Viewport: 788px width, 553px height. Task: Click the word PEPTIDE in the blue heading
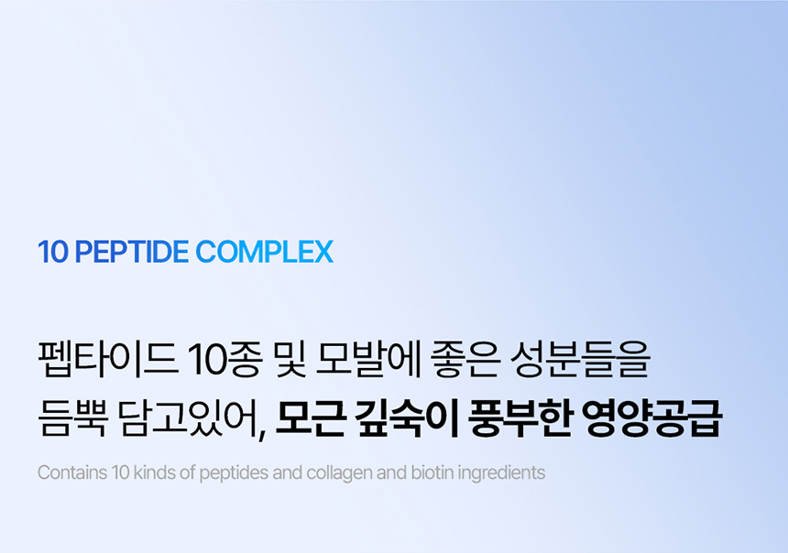[132, 252]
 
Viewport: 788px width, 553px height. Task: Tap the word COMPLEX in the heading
[264, 252]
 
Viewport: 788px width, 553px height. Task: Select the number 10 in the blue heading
[53, 252]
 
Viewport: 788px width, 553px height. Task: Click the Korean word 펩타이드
[107, 359]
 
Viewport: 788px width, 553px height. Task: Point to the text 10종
[224, 359]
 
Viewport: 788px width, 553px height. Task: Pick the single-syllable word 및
[290, 359]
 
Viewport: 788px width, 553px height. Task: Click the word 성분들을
[580, 359]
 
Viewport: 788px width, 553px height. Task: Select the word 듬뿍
[73, 417]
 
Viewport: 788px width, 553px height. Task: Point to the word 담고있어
[189, 419]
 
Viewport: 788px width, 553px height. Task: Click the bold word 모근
[310, 417]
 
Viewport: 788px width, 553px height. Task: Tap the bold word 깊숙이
[406, 417]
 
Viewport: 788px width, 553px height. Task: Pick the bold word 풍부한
[520, 417]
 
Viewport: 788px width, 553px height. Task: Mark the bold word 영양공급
[651, 417]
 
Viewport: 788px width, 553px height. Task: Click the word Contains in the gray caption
[72, 472]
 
